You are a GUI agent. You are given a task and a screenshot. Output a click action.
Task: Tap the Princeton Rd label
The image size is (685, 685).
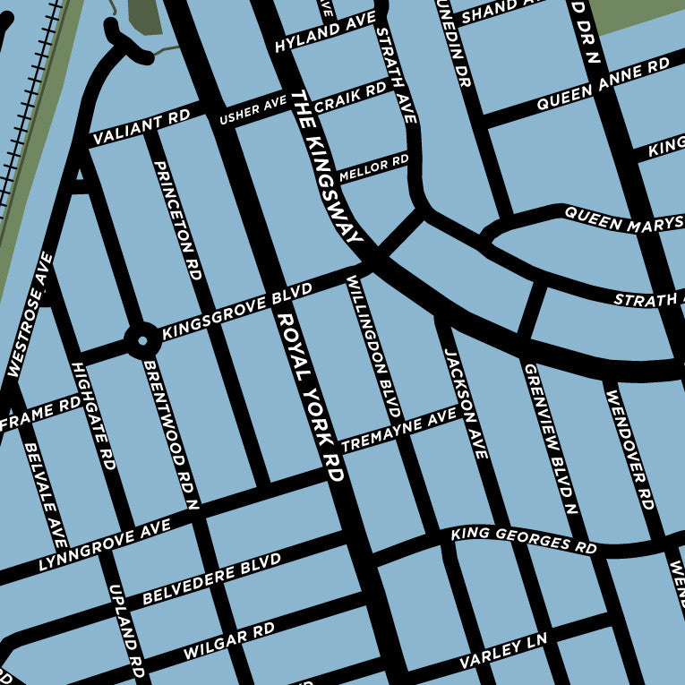click(x=176, y=221)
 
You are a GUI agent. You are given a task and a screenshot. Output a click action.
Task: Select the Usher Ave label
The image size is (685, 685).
click(x=253, y=112)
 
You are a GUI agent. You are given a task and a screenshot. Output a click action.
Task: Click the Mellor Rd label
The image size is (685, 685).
click(x=373, y=167)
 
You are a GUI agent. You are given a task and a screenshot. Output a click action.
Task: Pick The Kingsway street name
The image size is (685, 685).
click(x=328, y=167)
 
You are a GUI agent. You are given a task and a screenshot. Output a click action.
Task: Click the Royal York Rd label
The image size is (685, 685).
click(x=311, y=396)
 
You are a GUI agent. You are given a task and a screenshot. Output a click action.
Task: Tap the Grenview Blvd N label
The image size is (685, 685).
click(x=549, y=440)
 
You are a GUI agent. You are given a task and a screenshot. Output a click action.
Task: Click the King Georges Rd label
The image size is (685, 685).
click(x=524, y=540)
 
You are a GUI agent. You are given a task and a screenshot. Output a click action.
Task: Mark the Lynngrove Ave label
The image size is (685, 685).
click(x=104, y=547)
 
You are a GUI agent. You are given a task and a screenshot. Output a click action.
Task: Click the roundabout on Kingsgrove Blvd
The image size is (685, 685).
click(x=141, y=340)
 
